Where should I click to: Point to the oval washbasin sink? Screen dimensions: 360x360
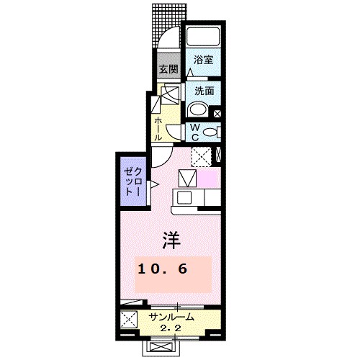(x=197, y=109)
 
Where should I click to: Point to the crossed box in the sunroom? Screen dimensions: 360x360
(x=130, y=321)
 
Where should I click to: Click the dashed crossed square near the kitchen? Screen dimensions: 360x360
(x=201, y=154)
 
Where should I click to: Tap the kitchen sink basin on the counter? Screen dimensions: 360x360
(x=184, y=198)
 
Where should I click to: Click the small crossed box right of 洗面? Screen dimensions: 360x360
(x=217, y=112)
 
